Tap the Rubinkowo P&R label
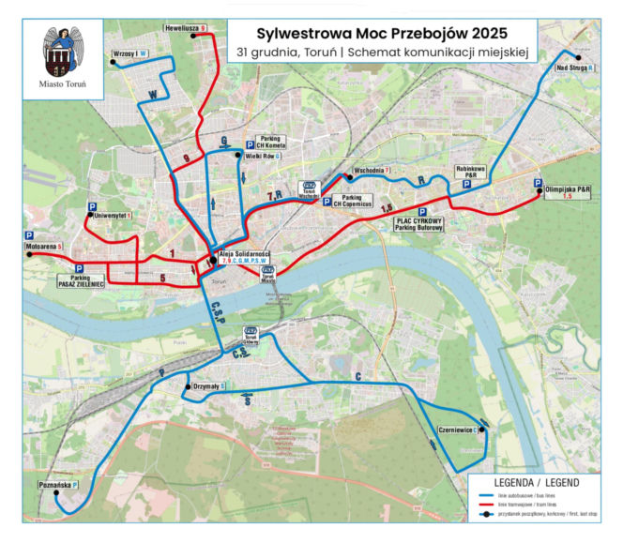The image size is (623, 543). [x=470, y=172]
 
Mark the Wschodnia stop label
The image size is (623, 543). [x=371, y=170]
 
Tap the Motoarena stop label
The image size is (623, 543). [x=44, y=246]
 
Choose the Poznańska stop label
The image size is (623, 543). [x=58, y=485]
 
